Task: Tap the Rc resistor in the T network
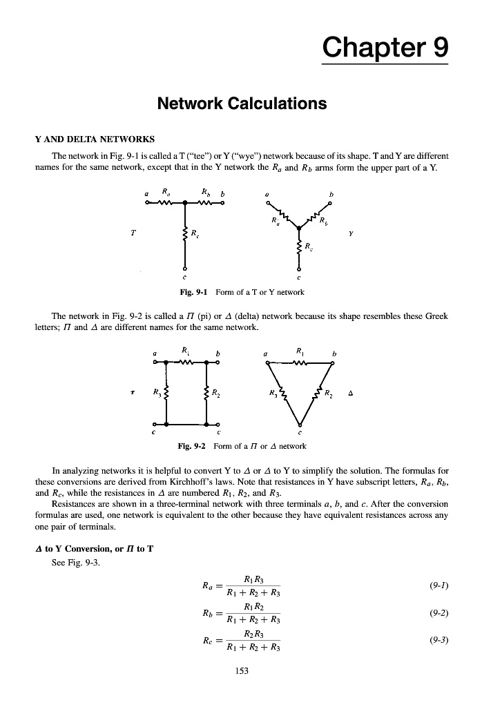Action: tap(184, 235)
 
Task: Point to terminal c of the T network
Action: tap(184, 269)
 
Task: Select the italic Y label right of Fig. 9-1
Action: tap(351, 233)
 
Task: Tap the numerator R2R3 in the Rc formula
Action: tap(254, 633)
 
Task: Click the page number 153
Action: tap(240, 670)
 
